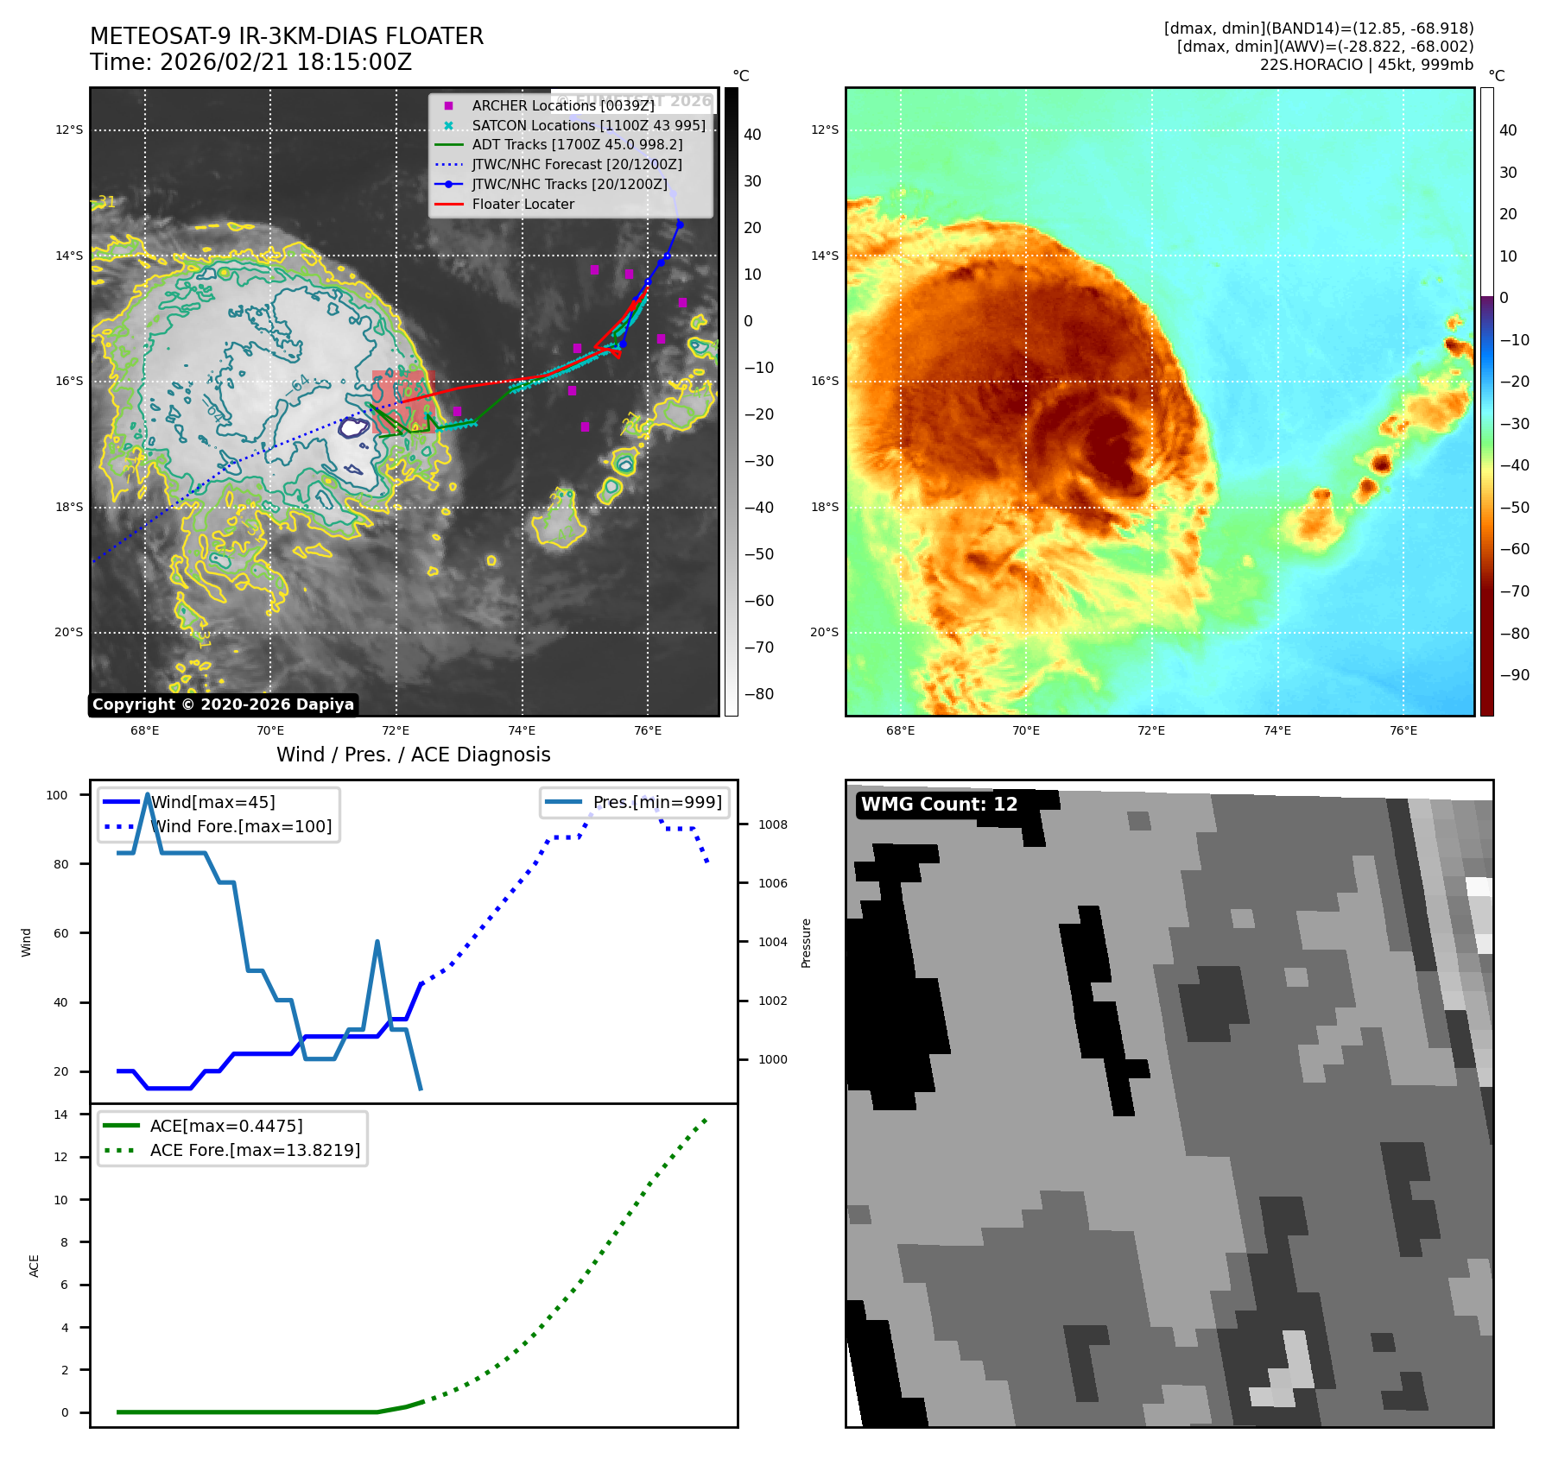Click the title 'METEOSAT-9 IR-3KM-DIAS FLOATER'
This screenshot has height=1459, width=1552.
pos(287,36)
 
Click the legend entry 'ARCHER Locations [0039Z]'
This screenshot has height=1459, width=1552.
pos(562,105)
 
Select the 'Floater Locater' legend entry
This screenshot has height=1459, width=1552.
pos(523,205)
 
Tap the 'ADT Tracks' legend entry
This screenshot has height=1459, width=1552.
pos(576,145)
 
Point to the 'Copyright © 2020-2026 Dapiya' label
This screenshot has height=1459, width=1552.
pos(223,704)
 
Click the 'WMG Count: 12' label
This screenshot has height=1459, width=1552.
pos(939,805)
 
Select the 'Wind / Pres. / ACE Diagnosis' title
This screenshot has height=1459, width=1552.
pos(413,755)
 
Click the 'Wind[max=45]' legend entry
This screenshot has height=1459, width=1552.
pos(212,802)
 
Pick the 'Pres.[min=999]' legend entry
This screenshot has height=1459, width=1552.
pos(656,802)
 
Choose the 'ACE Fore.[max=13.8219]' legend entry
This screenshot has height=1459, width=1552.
pos(255,1150)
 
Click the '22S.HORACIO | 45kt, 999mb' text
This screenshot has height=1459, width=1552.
pos(1366,65)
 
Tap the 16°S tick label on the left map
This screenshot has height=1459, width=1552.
pos(69,382)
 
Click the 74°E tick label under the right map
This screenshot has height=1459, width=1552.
pos(1277,731)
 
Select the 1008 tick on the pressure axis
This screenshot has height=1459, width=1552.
pos(772,824)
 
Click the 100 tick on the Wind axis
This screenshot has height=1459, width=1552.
pos(57,795)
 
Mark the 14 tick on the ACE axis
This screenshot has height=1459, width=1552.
pos(60,1115)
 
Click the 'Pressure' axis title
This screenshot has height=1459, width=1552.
pos(806,943)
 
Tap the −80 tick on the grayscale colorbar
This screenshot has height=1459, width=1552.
pos(759,694)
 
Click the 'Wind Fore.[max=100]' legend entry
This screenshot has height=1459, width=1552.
pos(241,826)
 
